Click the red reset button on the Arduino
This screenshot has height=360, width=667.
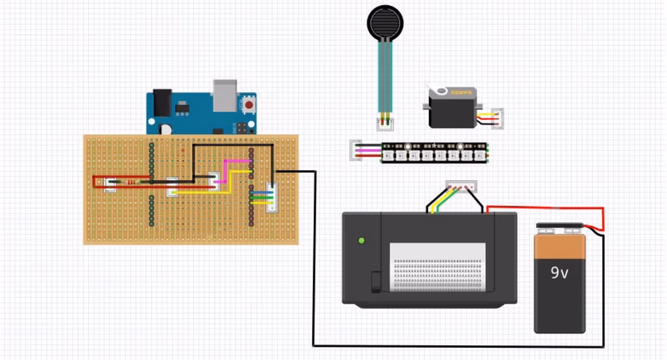249,105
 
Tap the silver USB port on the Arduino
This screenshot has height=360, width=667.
225,95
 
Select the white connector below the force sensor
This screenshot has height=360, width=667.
386,124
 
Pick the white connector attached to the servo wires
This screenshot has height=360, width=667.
498,119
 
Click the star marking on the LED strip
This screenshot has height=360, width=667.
434,145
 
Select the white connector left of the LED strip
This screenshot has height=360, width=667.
356,150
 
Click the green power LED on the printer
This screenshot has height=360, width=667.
362,241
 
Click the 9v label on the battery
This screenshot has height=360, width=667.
559,272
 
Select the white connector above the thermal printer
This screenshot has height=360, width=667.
461,186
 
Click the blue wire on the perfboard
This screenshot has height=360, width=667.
261,192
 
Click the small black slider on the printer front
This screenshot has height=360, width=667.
375,281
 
